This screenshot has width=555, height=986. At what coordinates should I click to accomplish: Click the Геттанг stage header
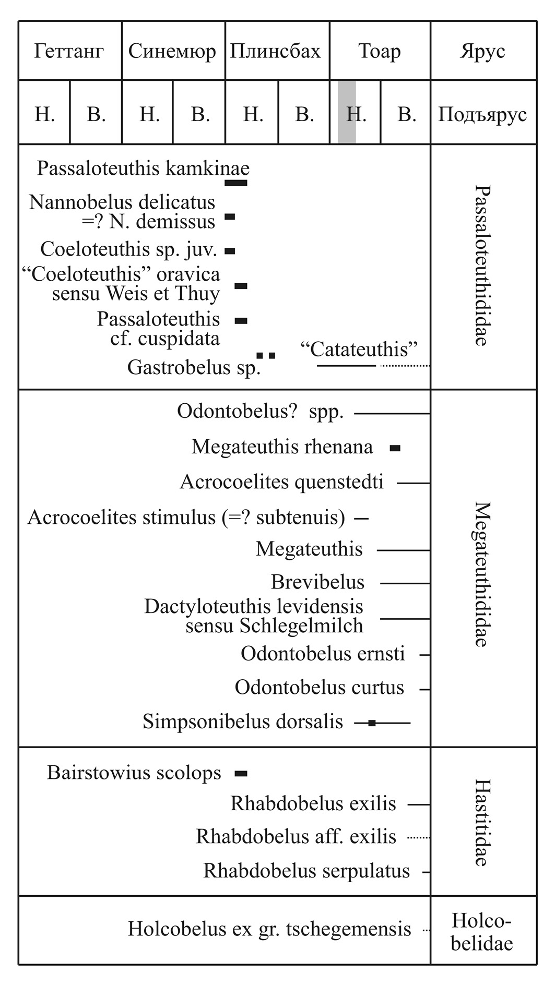[x=69, y=51]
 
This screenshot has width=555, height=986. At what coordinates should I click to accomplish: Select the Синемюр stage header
[x=172, y=51]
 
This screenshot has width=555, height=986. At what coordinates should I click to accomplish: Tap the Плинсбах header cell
[x=276, y=51]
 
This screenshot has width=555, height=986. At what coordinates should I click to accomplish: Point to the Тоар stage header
[x=380, y=51]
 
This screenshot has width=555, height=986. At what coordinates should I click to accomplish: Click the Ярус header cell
[x=482, y=51]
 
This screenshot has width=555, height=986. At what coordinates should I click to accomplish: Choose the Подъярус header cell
[x=482, y=114]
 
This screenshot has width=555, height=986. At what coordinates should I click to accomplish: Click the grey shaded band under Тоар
[x=347, y=112]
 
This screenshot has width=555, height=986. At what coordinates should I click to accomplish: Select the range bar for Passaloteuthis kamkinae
[x=236, y=183]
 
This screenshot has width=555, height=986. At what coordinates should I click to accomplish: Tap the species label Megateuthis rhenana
[x=282, y=447]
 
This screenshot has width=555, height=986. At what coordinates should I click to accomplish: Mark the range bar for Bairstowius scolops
[x=241, y=774]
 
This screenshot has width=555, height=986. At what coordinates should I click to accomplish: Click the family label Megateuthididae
[x=482, y=574]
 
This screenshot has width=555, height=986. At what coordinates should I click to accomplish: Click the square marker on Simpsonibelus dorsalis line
[x=372, y=723]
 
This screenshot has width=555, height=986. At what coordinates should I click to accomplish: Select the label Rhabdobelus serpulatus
[x=306, y=871]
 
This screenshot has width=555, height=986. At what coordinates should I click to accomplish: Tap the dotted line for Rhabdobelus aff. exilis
[x=419, y=837]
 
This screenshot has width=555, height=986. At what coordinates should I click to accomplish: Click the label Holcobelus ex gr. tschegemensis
[x=269, y=929]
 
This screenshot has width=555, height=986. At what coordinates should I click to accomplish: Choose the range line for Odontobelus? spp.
[x=392, y=414]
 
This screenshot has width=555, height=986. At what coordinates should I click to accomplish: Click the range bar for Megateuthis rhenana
[x=395, y=448]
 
